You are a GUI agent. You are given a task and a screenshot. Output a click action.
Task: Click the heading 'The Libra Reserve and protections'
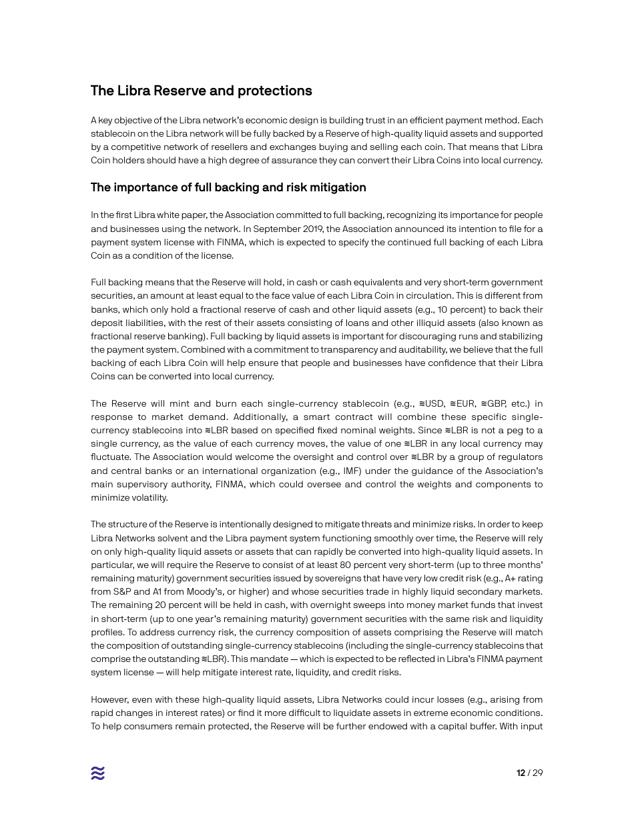[201, 91]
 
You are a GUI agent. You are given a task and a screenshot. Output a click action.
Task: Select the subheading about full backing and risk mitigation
[228, 187]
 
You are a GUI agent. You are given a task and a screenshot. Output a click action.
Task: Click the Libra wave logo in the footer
[97, 773]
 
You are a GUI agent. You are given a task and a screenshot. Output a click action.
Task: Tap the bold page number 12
[521, 773]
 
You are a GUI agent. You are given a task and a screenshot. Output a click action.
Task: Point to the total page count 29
[537, 773]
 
